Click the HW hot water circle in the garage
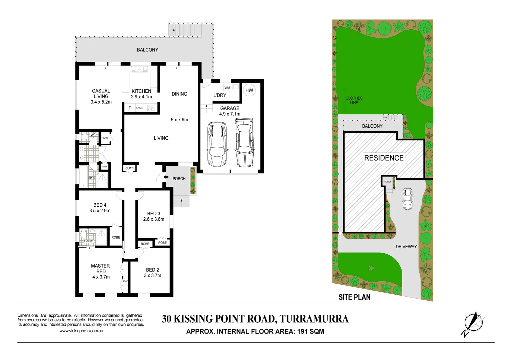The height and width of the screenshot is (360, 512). (249, 90)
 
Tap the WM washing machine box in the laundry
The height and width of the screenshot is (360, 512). (227, 88)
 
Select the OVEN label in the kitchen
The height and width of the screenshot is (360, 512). (140, 108)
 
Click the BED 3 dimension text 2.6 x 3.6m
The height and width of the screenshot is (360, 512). (154, 219)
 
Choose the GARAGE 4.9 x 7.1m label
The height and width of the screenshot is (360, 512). (230, 111)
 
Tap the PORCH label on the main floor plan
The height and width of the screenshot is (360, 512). (179, 179)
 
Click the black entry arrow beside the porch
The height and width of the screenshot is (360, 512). (166, 177)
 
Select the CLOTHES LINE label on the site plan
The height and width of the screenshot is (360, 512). (354, 100)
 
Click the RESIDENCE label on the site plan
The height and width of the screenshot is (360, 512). (384, 158)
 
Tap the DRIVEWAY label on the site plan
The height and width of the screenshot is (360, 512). (406, 247)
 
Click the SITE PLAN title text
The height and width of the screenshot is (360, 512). (354, 297)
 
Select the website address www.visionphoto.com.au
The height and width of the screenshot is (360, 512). (81, 331)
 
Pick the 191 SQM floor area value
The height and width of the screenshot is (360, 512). (310, 331)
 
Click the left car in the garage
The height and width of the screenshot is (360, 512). (217, 144)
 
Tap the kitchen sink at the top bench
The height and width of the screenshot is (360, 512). (139, 69)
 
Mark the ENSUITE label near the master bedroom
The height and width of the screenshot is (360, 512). (89, 241)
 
